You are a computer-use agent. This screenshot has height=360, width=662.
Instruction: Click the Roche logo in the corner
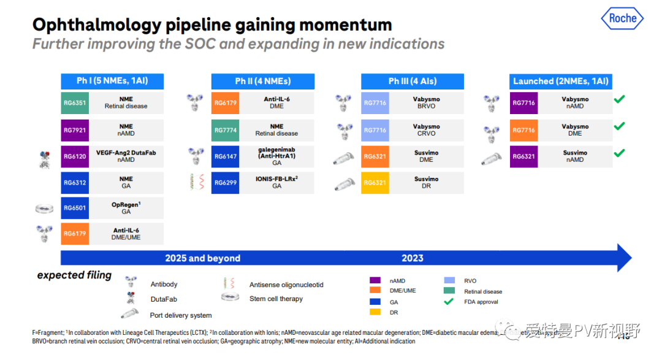pos(622,18)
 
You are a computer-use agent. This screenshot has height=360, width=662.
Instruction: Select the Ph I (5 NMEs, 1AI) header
pos(112,81)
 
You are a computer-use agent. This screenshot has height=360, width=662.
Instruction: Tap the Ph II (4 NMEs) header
pos(262,81)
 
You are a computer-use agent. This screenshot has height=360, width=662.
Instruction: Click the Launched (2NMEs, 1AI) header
pos(561,81)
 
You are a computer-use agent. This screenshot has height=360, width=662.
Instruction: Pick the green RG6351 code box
pos(75,103)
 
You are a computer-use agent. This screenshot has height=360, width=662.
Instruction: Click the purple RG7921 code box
pos(75,130)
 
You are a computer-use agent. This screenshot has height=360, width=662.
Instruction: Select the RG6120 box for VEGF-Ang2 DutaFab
pos(75,156)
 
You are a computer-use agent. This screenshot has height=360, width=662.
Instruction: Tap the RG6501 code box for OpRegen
pos(75,208)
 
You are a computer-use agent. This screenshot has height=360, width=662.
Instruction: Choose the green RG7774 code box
pos(225,130)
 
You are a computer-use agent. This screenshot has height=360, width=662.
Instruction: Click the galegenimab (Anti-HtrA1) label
pos(276,156)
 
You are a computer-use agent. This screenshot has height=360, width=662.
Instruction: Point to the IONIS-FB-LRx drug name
pos(276,179)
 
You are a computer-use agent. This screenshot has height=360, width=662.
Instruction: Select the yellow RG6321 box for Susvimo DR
pos(375,183)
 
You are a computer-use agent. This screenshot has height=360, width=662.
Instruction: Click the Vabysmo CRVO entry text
pos(426,129)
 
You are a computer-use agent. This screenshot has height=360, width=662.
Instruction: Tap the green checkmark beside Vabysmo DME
pos(620,126)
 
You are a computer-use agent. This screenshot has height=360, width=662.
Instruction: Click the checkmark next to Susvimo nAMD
pos(620,153)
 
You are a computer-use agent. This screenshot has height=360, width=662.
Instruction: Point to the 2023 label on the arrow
pos(413,258)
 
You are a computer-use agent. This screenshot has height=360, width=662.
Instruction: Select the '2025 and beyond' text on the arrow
pos(203,258)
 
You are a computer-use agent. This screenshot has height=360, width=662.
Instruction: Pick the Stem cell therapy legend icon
pos(230,297)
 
